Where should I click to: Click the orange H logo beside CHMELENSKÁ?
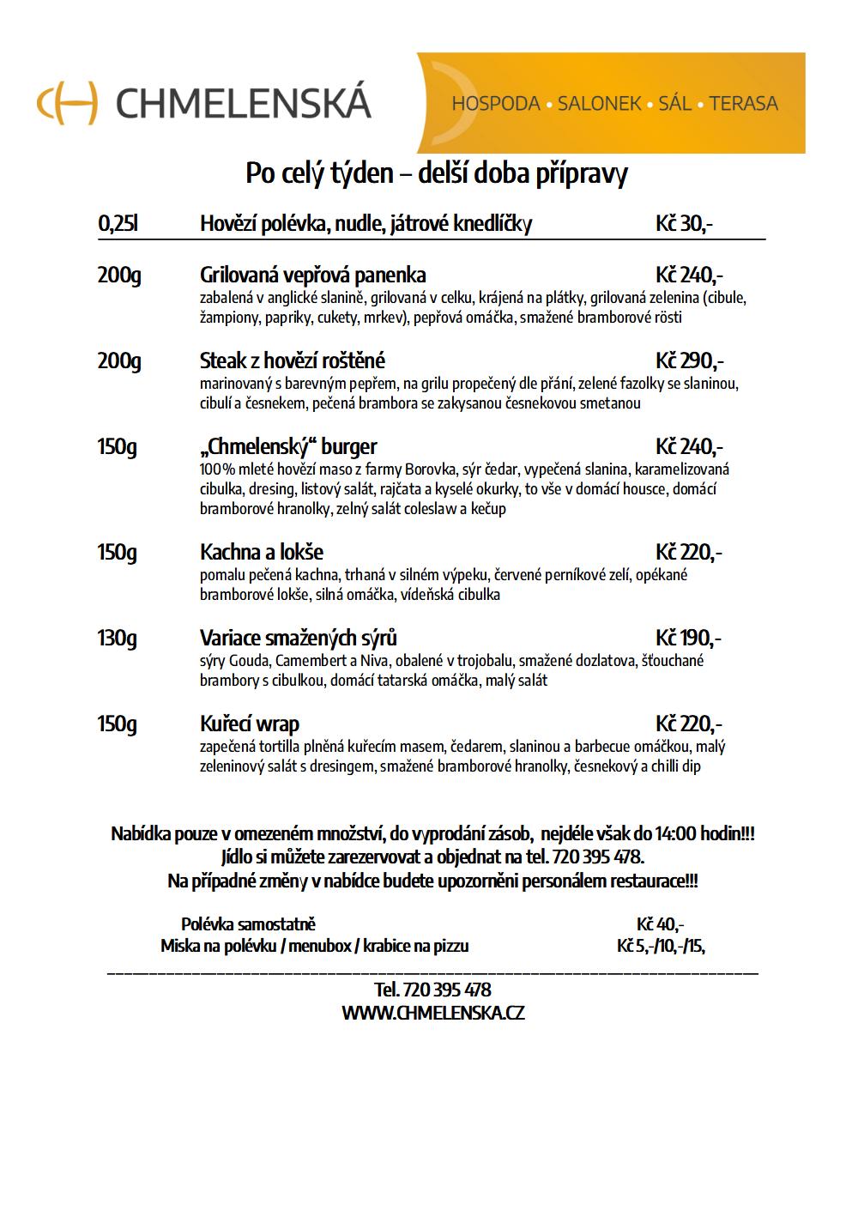coord(67,103)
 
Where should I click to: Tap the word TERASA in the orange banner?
coord(744,104)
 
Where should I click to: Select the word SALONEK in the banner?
coord(599,104)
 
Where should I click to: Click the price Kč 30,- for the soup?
coord(684,224)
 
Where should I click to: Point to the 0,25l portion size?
coord(118,224)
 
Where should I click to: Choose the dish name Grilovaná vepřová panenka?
coord(312,276)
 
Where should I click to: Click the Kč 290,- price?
coord(689,360)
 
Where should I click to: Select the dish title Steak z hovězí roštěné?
coord(292,360)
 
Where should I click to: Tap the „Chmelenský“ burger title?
coord(288,446)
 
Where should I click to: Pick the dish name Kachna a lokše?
coord(261,552)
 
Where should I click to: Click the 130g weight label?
coord(118,638)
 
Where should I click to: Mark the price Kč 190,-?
coord(688,638)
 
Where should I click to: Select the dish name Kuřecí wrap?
coord(249,724)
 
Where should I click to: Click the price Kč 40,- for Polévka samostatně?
coord(660,924)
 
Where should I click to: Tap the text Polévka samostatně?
coord(248,924)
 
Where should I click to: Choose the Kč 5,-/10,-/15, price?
coord(661,946)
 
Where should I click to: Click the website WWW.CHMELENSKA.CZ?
coord(432,1013)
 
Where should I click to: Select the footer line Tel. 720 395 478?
coord(432,990)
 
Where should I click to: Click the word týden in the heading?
coord(361,173)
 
